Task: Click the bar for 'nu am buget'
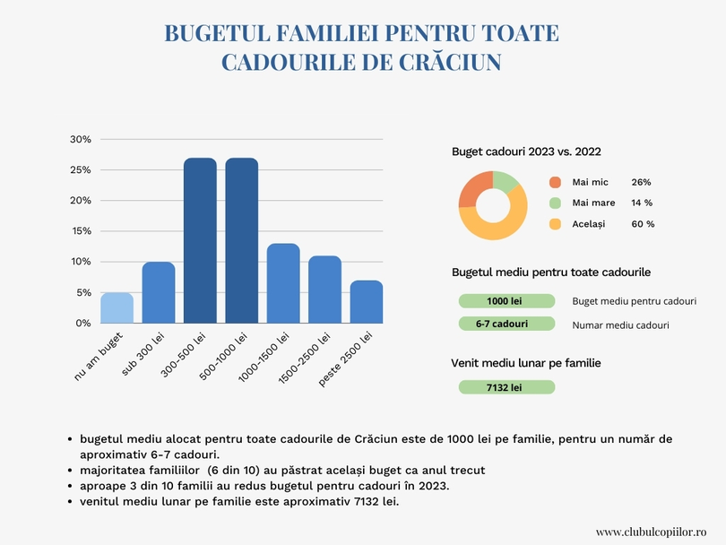point(117,307)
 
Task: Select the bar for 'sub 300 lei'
point(159,292)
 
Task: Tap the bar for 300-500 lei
point(200,240)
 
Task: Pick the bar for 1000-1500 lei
point(283,283)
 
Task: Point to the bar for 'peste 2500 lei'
point(367,302)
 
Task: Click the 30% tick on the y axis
point(81,140)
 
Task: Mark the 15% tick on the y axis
point(81,231)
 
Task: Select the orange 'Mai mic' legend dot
point(555,182)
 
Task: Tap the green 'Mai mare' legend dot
point(555,203)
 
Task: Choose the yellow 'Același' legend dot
point(555,224)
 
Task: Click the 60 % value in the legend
point(643,224)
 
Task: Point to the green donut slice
point(506,181)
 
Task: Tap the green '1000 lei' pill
point(506,301)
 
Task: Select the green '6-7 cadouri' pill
point(506,324)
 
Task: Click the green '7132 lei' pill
point(506,387)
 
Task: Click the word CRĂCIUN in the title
point(448,62)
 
